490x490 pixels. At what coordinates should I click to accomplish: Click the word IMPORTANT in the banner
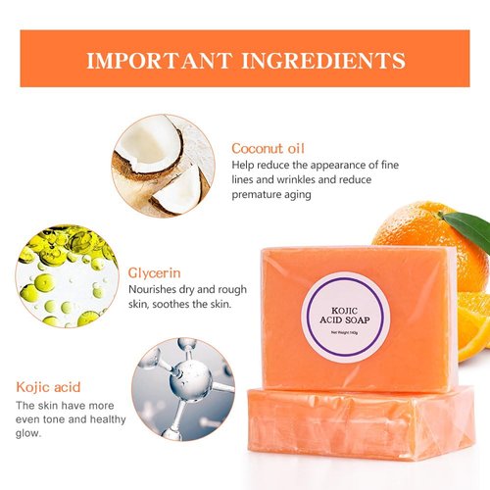pos(161,60)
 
